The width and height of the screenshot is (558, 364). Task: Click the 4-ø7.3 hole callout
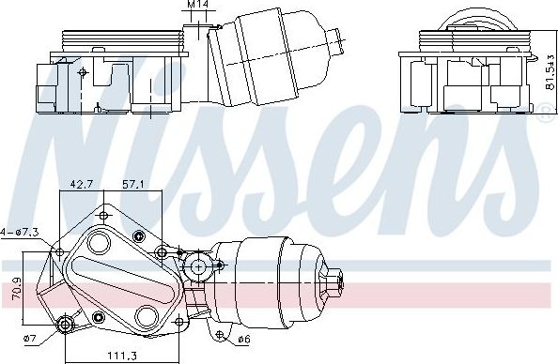[18, 231]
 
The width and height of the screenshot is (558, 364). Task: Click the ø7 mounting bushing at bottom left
[65, 325]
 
